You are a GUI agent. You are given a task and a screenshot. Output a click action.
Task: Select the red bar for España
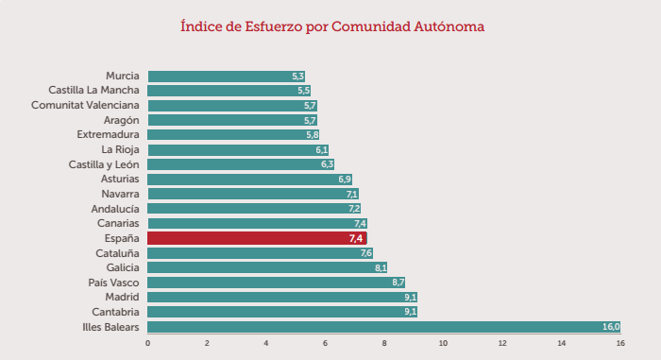pyautogui.click(x=256, y=238)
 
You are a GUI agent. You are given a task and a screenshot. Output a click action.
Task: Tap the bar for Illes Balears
pyautogui.click(x=383, y=327)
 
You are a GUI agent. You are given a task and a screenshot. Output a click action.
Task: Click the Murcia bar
pyautogui.click(x=226, y=76)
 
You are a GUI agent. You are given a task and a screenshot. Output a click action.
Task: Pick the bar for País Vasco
pyautogui.click(x=276, y=283)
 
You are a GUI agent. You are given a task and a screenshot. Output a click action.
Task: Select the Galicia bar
pyautogui.click(x=267, y=267)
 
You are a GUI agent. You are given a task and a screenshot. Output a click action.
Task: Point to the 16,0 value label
pyautogui.click(x=610, y=327)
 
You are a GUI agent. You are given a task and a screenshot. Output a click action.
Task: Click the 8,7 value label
pyautogui.click(x=398, y=283)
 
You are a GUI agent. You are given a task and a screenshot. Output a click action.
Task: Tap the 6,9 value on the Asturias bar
pyautogui.click(x=344, y=180)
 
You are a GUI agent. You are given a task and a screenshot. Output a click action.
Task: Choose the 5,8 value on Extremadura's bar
pyautogui.click(x=312, y=135)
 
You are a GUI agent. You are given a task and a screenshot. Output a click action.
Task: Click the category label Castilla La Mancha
pyautogui.click(x=93, y=91)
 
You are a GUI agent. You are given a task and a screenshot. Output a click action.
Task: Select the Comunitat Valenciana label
pyautogui.click(x=85, y=105)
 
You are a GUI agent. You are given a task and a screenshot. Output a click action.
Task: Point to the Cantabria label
pyautogui.click(x=115, y=312)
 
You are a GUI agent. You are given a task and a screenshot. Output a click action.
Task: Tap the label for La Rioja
pyautogui.click(x=120, y=149)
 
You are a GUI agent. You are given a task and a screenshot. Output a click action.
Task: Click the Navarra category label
pyautogui.click(x=120, y=194)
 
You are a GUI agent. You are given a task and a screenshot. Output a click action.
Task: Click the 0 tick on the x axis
pyautogui.click(x=147, y=343)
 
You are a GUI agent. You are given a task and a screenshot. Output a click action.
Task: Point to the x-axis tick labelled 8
pyautogui.click(x=383, y=343)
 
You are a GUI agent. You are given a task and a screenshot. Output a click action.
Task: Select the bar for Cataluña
pyautogui.click(x=260, y=253)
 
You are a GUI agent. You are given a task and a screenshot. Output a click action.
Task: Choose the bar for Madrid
pyautogui.click(x=281, y=297)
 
